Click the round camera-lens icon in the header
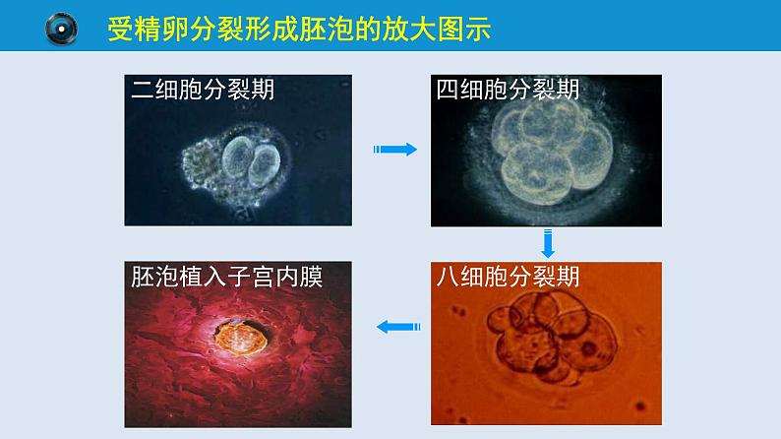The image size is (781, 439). [x=61, y=31]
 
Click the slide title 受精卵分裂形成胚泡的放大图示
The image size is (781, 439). [x=299, y=31]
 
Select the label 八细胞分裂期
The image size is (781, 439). [x=508, y=277]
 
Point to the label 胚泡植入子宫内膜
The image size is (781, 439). [x=227, y=277]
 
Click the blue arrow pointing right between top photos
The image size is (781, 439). [x=395, y=149]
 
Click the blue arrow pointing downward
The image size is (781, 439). [x=549, y=243]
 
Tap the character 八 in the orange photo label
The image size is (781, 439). [x=448, y=277]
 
